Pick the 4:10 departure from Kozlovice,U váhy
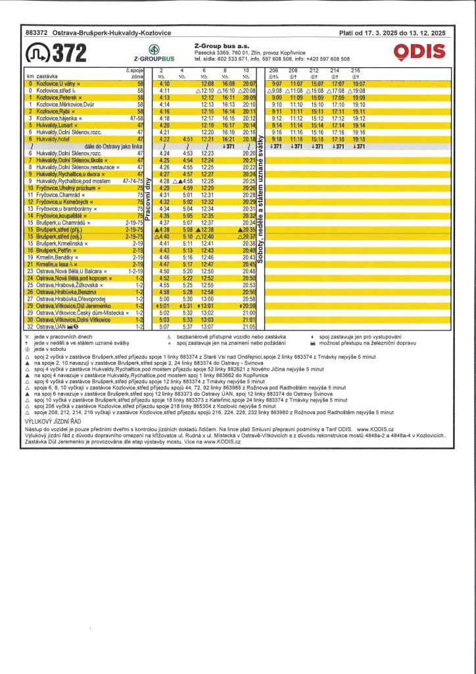(x=164, y=84)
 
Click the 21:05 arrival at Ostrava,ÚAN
(x=249, y=326)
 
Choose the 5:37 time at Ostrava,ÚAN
(x=186, y=326)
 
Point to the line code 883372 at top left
(x=36, y=32)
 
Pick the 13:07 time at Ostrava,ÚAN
(x=207, y=326)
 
